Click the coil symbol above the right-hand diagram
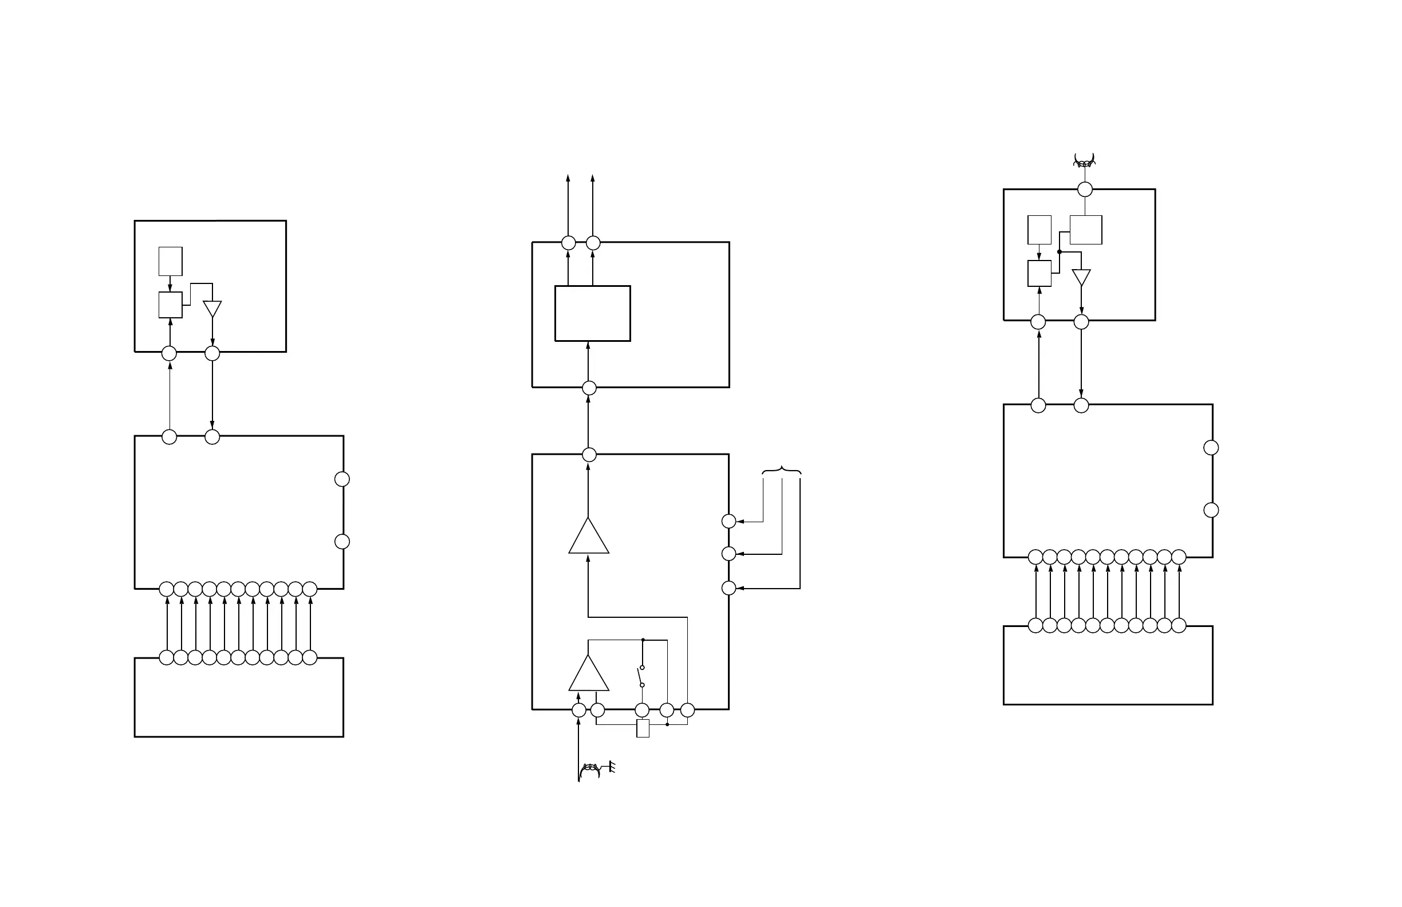tap(1085, 161)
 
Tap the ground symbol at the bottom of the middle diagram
tap(612, 767)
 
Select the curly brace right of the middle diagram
tap(782, 470)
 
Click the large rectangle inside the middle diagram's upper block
tap(593, 313)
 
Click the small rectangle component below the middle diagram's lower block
tap(643, 728)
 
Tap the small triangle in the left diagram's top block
tap(212, 308)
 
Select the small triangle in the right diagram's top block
tap(1081, 277)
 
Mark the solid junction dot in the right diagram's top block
tap(1059, 251)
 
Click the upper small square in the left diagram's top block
tap(170, 261)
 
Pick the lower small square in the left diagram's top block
tap(170, 305)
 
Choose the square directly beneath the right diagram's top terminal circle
tap(1086, 230)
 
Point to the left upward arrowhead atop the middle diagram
tap(568, 178)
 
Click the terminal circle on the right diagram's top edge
tap(1085, 189)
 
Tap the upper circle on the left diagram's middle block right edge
tap(342, 479)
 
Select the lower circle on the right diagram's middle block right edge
tap(1211, 510)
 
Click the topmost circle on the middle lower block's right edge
tap(728, 520)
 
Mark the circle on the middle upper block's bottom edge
tap(589, 388)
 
